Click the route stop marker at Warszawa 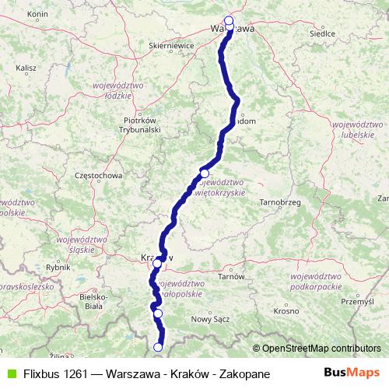tap(229, 22)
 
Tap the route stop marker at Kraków tap(157, 264)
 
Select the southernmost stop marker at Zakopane tap(159, 347)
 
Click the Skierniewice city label tap(170, 46)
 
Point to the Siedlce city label tap(322, 34)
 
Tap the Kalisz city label tap(26, 68)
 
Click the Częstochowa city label tap(97, 176)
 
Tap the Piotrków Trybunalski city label tap(142, 125)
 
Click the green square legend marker tap(9, 373)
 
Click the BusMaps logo tap(351, 373)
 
